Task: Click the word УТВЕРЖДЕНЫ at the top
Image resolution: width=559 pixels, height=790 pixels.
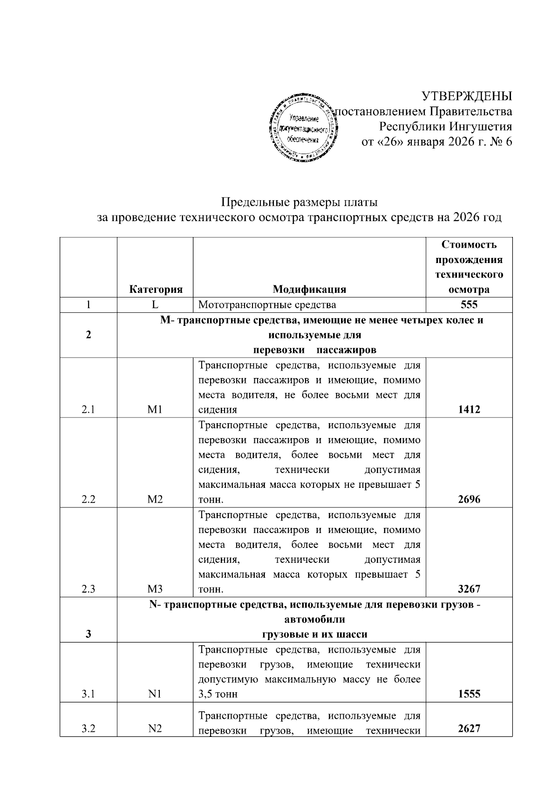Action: (x=467, y=96)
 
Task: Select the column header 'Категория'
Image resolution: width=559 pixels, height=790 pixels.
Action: (x=155, y=289)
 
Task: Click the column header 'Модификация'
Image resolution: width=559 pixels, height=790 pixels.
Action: (x=309, y=289)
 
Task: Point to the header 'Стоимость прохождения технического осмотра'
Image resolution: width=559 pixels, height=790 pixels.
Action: (x=469, y=267)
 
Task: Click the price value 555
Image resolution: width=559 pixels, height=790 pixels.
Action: (x=469, y=305)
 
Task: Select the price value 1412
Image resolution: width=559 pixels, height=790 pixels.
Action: (x=469, y=410)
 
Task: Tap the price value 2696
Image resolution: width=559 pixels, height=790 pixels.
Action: (x=469, y=500)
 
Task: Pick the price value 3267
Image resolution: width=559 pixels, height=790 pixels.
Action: (x=469, y=589)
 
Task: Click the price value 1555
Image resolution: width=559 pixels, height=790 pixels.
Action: (x=469, y=694)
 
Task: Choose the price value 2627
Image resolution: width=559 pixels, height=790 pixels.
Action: (x=469, y=729)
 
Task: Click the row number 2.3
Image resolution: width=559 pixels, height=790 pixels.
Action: (x=89, y=589)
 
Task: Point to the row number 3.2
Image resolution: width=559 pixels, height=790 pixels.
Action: (x=89, y=729)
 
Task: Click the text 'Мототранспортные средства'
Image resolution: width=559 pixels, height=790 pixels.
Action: (x=267, y=305)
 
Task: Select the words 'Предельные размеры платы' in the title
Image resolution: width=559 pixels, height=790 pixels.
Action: (x=299, y=203)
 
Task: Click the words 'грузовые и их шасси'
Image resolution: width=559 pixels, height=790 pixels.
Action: (x=314, y=634)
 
